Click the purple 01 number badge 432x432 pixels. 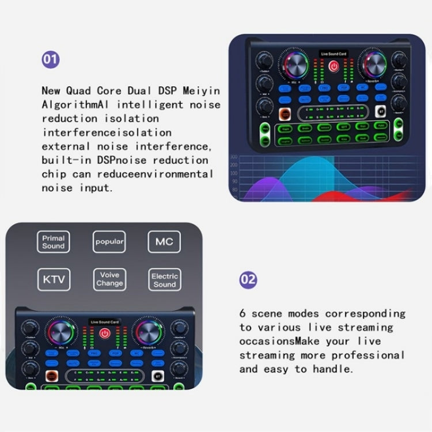coord(51,60)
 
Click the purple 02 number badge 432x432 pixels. coord(248,280)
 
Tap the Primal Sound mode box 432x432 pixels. coord(54,242)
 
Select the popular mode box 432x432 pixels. coord(109,242)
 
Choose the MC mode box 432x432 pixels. coord(164,242)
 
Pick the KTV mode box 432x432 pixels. coord(54,281)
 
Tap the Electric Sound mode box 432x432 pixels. coord(164,281)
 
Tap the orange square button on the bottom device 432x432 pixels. coord(53,376)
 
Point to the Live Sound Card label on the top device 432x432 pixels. coord(334,54)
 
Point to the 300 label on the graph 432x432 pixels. coord(234,157)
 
